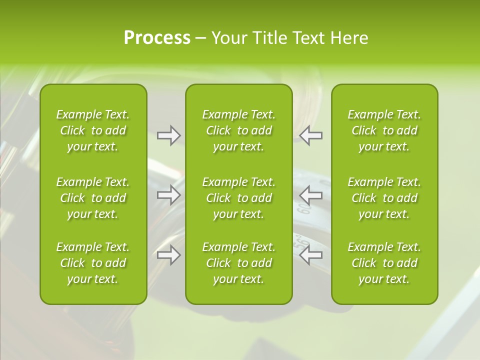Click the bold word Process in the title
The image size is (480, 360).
(157, 38)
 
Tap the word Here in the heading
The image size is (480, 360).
(349, 38)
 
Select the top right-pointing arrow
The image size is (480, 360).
(169, 135)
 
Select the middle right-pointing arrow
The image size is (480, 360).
(169, 194)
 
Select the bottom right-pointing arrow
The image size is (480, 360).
(169, 255)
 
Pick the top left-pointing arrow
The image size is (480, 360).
(311, 135)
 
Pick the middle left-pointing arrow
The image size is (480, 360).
(311, 194)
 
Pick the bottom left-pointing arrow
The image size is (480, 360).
(311, 255)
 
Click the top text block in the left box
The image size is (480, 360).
(93, 130)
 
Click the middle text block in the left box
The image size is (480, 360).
(93, 198)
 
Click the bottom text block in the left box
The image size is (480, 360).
(93, 263)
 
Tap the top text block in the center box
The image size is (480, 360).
(238, 130)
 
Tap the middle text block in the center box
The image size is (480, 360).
(238, 198)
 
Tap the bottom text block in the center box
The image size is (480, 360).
(238, 263)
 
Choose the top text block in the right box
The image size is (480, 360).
(384, 130)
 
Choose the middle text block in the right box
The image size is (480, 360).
(384, 198)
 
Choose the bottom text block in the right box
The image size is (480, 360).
(384, 263)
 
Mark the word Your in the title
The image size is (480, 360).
(228, 38)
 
